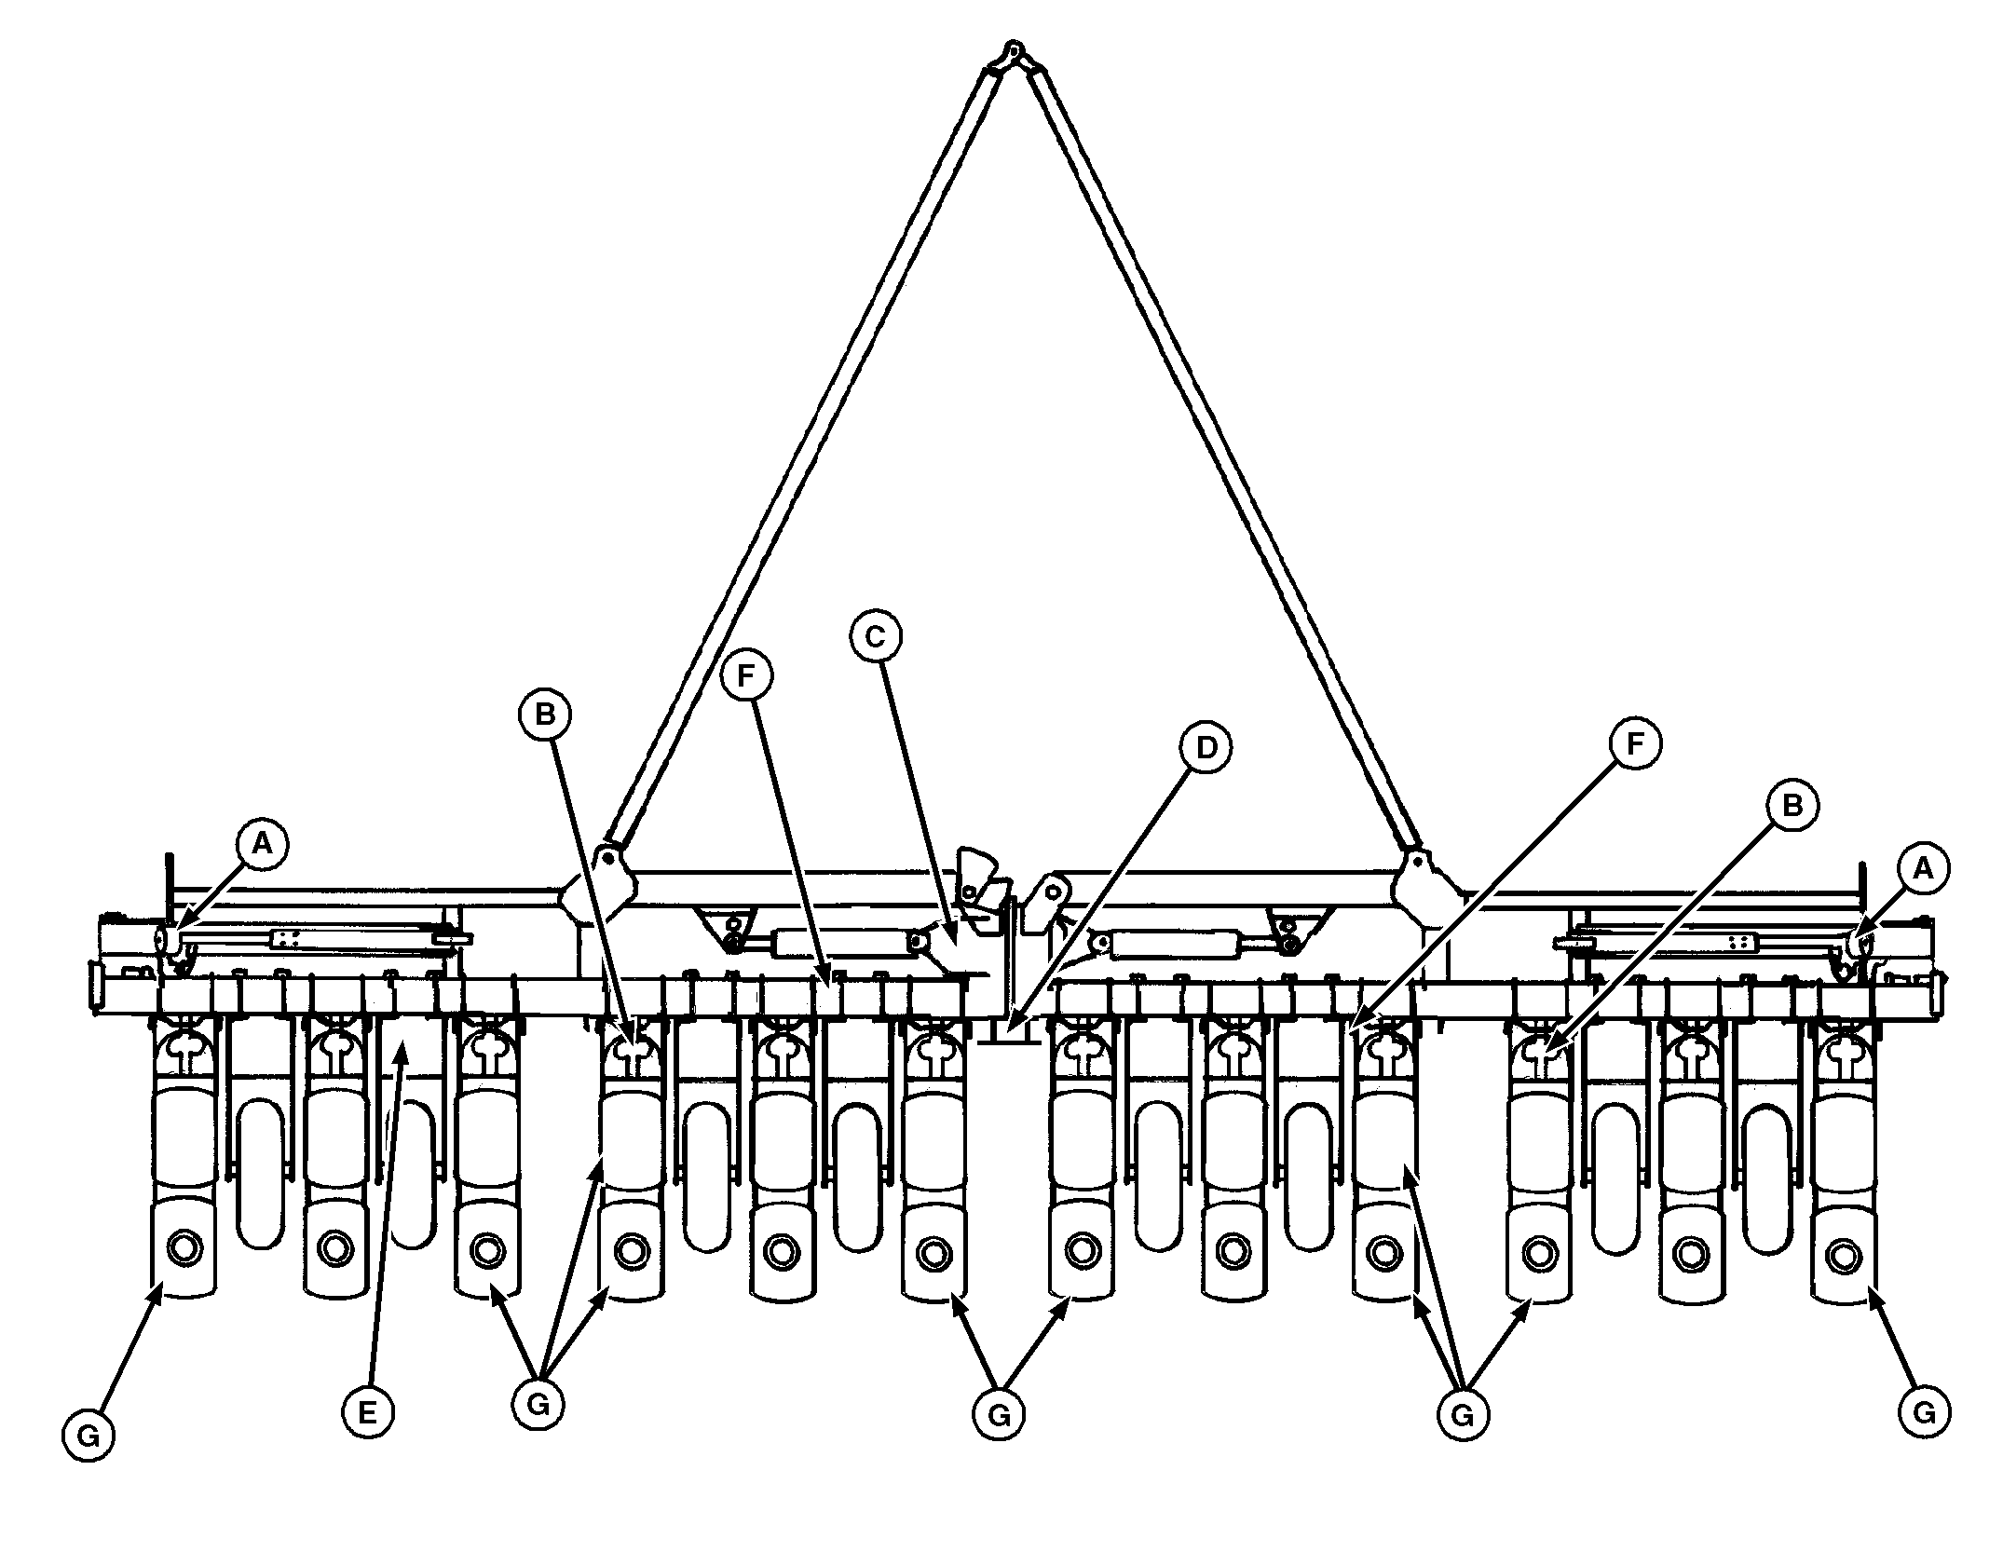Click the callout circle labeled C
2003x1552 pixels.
point(875,636)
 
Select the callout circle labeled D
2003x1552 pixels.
point(1206,747)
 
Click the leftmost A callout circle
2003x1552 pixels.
point(263,844)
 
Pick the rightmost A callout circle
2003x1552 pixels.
point(1924,870)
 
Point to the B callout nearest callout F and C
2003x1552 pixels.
point(545,715)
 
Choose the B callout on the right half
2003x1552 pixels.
point(1792,807)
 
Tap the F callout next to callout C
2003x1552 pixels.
point(745,676)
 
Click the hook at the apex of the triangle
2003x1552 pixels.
point(1015,49)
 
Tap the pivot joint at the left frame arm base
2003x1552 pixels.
point(606,855)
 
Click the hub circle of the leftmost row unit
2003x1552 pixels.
point(184,1245)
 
